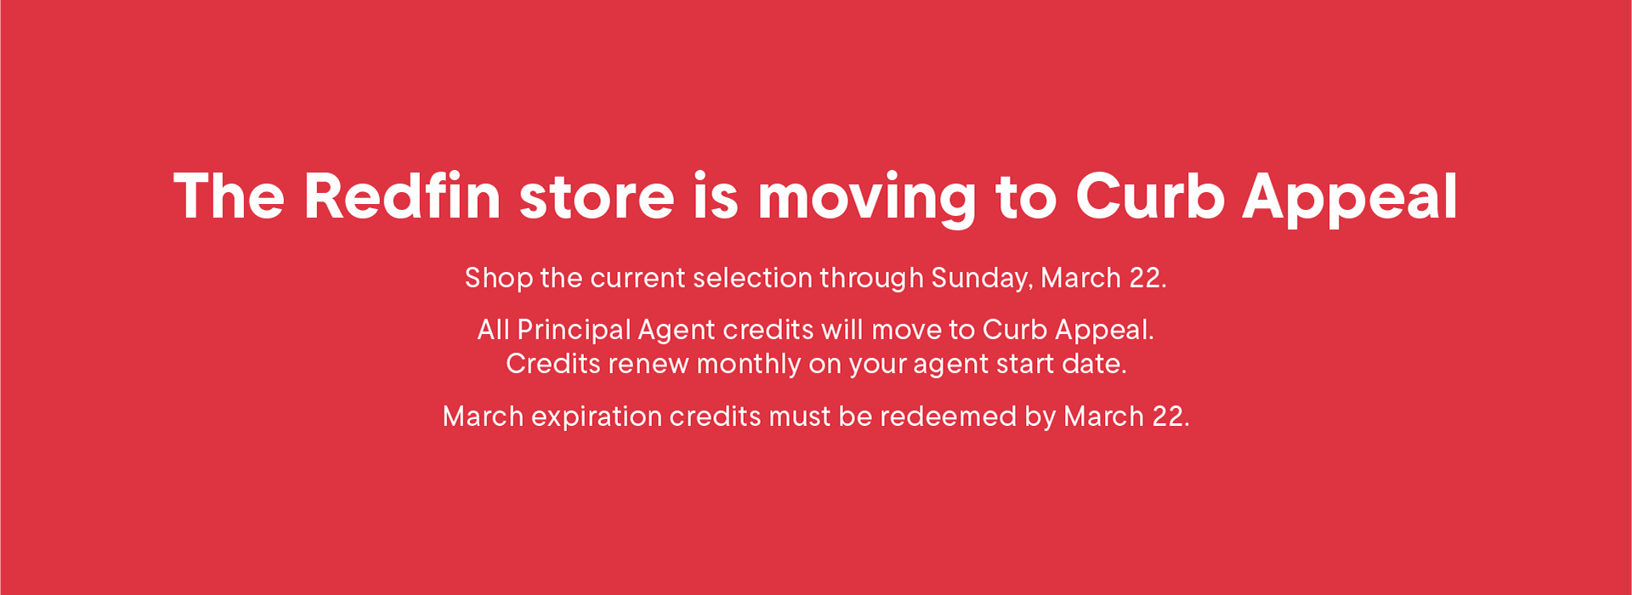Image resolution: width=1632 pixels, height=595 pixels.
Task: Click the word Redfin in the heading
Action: [402, 196]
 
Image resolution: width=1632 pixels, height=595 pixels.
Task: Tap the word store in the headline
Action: [597, 198]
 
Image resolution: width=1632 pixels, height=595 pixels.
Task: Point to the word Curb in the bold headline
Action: [1150, 196]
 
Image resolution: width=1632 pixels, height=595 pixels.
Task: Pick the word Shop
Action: [498, 279]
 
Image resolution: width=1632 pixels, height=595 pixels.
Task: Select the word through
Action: [871, 279]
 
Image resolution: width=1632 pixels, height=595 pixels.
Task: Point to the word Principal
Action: [574, 331]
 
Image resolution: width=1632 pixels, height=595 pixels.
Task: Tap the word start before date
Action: [1028, 365]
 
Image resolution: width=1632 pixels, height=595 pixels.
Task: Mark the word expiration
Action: [597, 417]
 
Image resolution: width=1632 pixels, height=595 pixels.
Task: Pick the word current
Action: [637, 279]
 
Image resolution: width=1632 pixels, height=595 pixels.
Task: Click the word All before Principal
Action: [494, 329]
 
